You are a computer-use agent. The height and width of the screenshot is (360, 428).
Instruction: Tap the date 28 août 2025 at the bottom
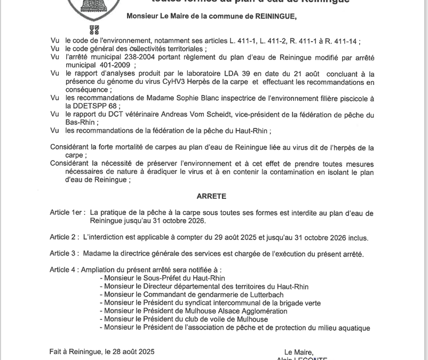(129, 352)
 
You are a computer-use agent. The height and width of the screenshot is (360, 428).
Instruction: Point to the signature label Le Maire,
(299, 352)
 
